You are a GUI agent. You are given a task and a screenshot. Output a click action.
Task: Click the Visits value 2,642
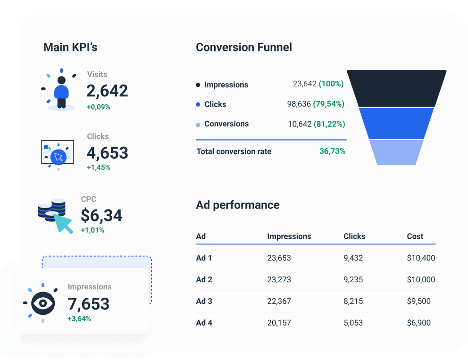[107, 91]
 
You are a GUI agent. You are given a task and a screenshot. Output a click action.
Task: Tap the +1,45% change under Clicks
[98, 167]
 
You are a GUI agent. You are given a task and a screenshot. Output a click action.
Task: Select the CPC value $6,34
[101, 216]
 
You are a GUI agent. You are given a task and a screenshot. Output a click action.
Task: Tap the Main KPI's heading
[70, 47]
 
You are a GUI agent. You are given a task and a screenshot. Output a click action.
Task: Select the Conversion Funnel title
[244, 47]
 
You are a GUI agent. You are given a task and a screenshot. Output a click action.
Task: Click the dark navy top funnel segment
[396, 88]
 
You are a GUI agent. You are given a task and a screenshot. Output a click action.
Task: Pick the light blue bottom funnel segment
[396, 152]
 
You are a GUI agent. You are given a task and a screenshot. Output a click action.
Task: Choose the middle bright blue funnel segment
[396, 123]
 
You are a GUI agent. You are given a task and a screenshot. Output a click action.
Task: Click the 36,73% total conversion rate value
[332, 151]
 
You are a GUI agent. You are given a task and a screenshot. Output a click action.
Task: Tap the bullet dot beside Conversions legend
[198, 125]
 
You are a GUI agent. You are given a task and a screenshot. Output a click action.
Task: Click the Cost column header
[415, 236]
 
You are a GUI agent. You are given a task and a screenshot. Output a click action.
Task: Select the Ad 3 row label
[204, 301]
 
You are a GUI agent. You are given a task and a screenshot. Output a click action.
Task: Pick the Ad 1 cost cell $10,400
[421, 258]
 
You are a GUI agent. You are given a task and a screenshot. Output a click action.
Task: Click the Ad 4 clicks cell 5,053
[353, 323]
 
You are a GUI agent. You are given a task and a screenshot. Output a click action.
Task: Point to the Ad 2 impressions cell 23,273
[279, 279]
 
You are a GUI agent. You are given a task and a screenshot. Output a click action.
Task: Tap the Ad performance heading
[238, 205]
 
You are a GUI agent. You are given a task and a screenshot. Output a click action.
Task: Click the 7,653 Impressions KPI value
[89, 304]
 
